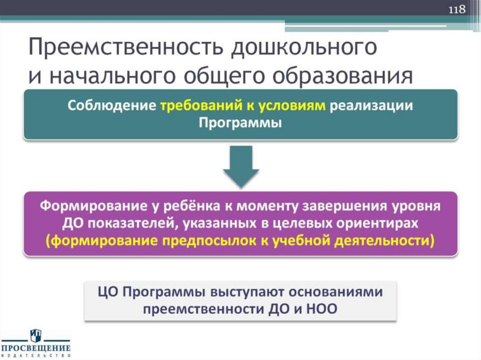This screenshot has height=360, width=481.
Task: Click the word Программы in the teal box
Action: pyautogui.click(x=240, y=123)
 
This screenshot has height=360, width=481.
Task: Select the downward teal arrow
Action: pyautogui.click(x=240, y=166)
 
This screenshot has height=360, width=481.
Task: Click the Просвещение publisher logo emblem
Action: pyautogui.click(x=36, y=335)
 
